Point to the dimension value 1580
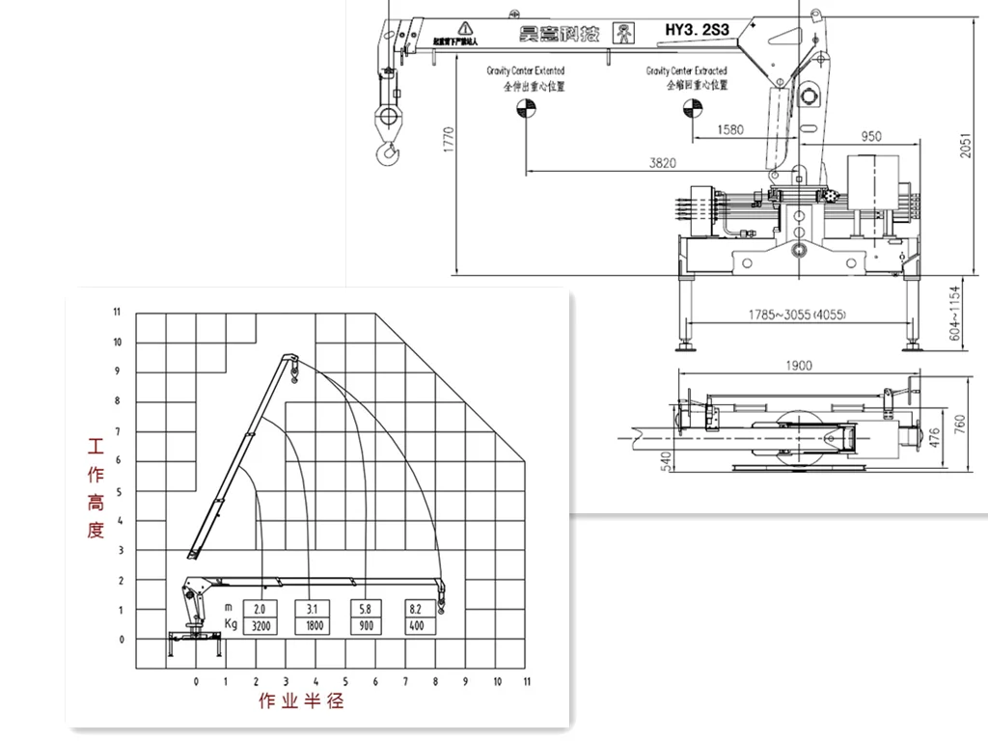pyautogui.click(x=732, y=129)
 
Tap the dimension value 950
pyautogui.click(x=871, y=137)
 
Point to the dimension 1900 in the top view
pyautogui.click(x=799, y=365)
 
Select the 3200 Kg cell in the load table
pyautogui.click(x=261, y=626)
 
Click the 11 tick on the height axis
pyautogui.click(x=117, y=312)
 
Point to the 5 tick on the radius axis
pyautogui.click(x=346, y=681)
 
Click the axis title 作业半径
pyautogui.click(x=301, y=701)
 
